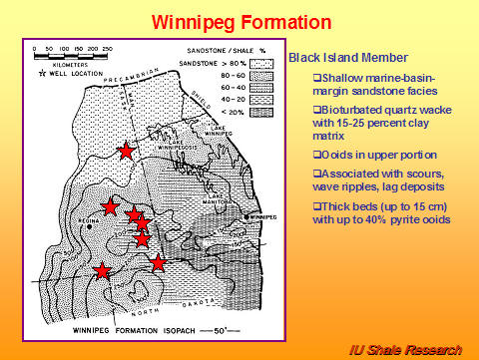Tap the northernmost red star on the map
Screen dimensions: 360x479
coord(126,151)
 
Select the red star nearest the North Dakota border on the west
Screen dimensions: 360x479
coord(102,269)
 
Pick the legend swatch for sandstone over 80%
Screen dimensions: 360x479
coord(257,62)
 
